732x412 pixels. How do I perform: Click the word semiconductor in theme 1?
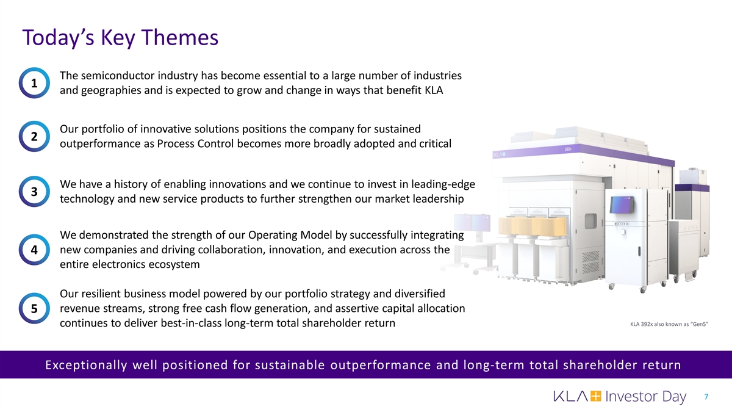pyautogui.click(x=118, y=76)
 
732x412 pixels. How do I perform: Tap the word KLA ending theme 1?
pyautogui.click(x=434, y=90)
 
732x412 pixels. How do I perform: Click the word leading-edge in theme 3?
pyautogui.click(x=443, y=185)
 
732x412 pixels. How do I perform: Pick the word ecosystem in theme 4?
pyautogui.click(x=174, y=264)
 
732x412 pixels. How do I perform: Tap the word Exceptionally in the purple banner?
pyautogui.click(x=86, y=365)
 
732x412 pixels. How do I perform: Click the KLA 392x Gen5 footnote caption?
pyautogui.click(x=669, y=324)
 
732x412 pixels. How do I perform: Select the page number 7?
pyautogui.click(x=706, y=397)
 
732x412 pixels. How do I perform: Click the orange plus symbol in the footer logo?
pyautogui.click(x=596, y=396)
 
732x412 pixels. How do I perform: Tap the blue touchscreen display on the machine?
pyautogui.click(x=622, y=204)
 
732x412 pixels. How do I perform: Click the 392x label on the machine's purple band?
pyautogui.click(x=569, y=149)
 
